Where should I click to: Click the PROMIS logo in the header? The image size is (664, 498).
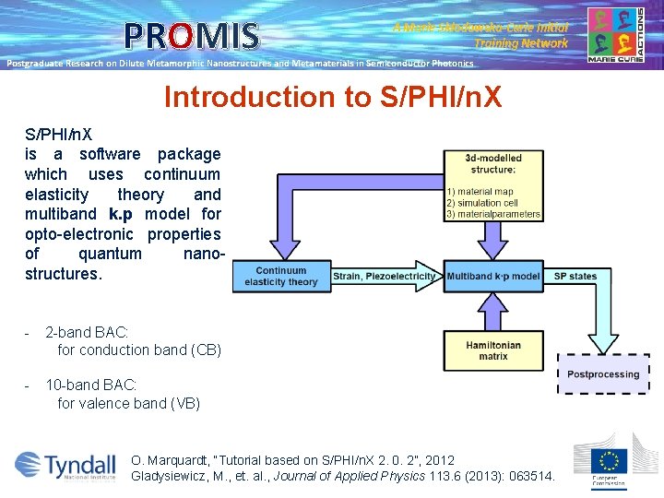click(193, 36)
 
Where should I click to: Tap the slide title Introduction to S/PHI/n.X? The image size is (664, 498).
click(332, 97)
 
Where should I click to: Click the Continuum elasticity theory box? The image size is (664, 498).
click(280, 277)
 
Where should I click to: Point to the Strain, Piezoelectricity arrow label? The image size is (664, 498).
click(385, 277)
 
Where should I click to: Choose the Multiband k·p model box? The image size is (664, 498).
click(493, 277)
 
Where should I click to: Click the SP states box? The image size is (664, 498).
click(575, 277)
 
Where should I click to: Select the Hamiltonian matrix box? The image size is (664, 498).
click(493, 350)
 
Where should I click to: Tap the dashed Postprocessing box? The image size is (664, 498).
click(603, 374)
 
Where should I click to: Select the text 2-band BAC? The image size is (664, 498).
click(89, 331)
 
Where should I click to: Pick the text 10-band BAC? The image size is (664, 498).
click(92, 385)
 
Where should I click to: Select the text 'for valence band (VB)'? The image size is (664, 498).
click(128, 403)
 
